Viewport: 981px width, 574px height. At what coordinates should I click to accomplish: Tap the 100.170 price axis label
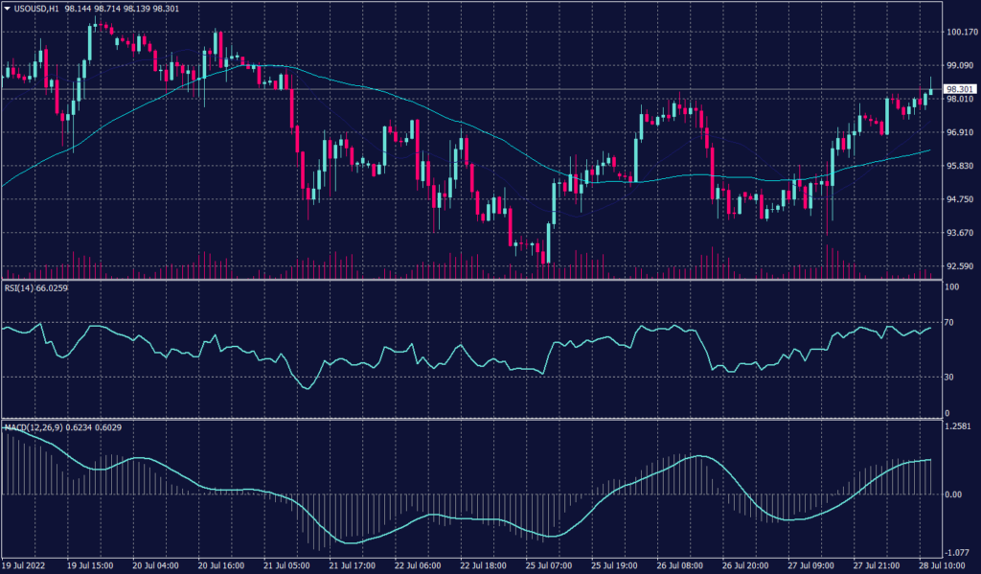(x=961, y=32)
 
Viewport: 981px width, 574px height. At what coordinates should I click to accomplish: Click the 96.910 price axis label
(x=961, y=132)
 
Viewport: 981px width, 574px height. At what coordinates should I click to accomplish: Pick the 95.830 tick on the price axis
(x=961, y=166)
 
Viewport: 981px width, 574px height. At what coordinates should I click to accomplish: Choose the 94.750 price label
(x=961, y=199)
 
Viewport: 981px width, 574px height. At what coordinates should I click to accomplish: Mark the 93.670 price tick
(x=961, y=233)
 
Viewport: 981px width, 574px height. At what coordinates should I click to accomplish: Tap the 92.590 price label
(x=961, y=266)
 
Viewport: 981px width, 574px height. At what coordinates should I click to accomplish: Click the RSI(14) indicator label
(x=22, y=287)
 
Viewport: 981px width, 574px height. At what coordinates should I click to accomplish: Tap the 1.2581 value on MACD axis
(x=959, y=425)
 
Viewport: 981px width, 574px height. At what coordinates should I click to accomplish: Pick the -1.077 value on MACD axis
(x=959, y=552)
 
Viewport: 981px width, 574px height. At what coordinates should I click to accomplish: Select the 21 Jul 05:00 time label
(x=292, y=566)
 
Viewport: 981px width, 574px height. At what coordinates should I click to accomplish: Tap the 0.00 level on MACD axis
(x=954, y=494)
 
